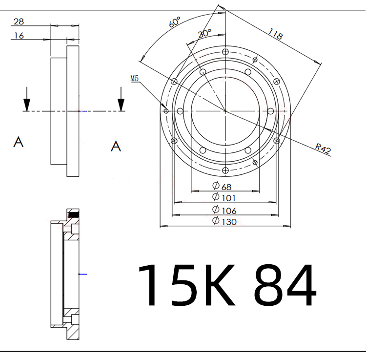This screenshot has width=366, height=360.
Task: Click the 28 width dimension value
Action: click(x=19, y=21)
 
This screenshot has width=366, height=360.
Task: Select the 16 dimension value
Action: click(x=19, y=35)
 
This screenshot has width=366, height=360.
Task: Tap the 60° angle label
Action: click(x=175, y=22)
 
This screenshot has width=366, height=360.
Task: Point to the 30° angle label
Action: click(x=204, y=33)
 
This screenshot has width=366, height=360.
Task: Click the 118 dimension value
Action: click(x=276, y=34)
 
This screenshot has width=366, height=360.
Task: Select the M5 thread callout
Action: click(x=135, y=78)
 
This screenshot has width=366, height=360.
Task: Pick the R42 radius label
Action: click(x=323, y=148)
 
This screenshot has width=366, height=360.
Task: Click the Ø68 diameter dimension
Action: click(x=222, y=186)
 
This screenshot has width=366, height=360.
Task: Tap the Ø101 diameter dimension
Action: click(x=224, y=197)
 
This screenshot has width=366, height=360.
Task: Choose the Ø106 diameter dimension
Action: click(x=224, y=210)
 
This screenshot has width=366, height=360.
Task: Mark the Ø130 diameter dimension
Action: click(x=224, y=222)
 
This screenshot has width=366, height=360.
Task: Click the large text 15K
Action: click(x=188, y=286)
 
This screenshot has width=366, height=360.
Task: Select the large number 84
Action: click(x=285, y=286)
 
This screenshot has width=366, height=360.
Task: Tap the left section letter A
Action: click(x=19, y=142)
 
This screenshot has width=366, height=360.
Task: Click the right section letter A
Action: click(x=116, y=146)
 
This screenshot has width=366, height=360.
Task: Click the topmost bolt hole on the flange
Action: click(x=225, y=52)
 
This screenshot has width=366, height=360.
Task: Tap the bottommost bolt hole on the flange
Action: click(x=225, y=170)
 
